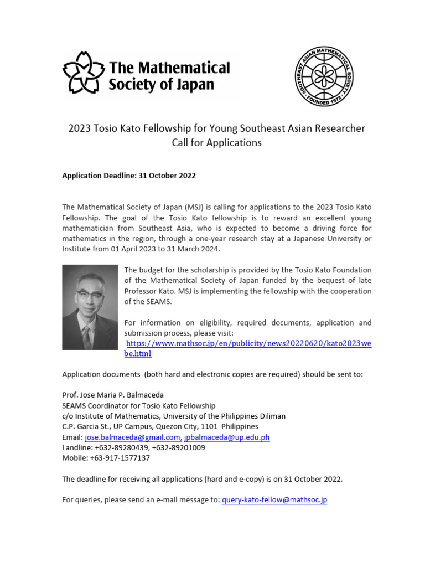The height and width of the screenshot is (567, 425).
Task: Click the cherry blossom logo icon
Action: click(x=83, y=72)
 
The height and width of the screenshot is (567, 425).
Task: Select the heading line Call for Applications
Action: click(x=216, y=142)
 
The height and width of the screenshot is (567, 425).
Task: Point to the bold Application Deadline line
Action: click(x=128, y=176)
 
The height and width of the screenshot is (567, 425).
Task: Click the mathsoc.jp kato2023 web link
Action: click(x=247, y=343)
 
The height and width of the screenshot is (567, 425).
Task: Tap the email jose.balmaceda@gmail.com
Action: click(x=133, y=437)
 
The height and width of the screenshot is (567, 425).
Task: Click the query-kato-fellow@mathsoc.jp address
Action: click(x=274, y=499)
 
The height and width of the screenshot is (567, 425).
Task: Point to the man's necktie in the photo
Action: click(x=86, y=334)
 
